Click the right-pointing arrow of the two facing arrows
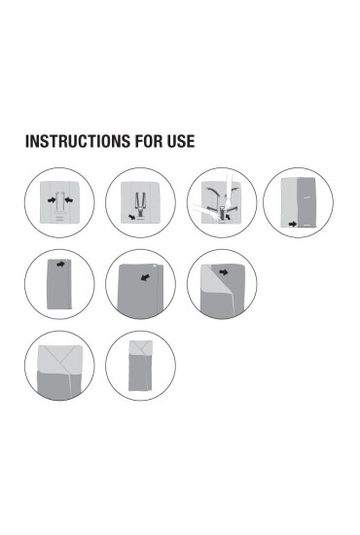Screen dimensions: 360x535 [x=52, y=200]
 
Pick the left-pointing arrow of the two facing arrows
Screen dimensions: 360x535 [x=69, y=200]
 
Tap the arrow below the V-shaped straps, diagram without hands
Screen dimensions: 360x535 [x=131, y=217]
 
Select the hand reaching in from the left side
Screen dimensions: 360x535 [x=205, y=211]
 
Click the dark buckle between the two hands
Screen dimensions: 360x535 [x=223, y=214]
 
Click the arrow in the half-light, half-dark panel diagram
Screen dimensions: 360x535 [x=293, y=224]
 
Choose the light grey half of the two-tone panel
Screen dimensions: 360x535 [x=289, y=202]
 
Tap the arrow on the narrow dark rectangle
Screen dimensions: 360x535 [x=60, y=264]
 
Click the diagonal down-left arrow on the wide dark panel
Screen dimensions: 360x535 [x=145, y=278]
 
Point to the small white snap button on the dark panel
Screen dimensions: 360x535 [x=155, y=266]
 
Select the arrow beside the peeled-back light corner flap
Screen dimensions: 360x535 [x=224, y=272]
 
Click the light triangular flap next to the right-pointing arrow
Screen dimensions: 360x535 [x=214, y=281]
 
